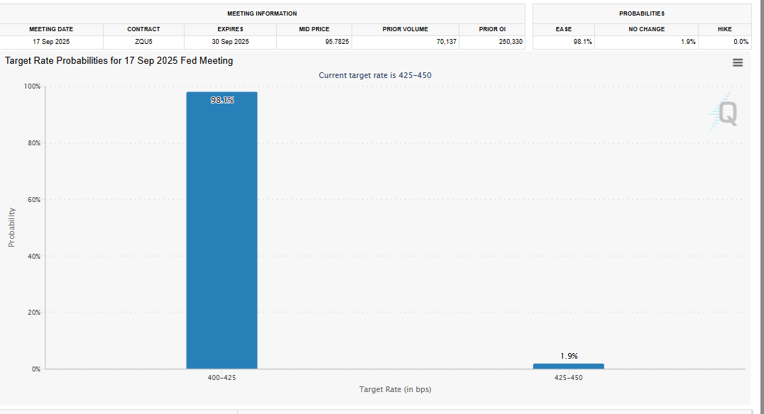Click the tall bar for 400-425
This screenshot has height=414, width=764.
(222, 234)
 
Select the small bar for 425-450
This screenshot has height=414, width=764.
(568, 366)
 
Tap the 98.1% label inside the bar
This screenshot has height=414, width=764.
(222, 100)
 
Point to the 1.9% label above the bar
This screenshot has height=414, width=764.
(569, 356)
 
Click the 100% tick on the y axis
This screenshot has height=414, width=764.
(32, 86)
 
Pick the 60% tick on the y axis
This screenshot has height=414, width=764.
(33, 200)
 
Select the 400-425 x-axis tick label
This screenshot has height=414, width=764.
(222, 378)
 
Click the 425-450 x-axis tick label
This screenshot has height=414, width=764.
(568, 378)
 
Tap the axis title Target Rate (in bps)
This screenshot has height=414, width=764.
(395, 389)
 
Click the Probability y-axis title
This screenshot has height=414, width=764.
(11, 227)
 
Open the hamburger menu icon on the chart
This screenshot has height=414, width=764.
(738, 62)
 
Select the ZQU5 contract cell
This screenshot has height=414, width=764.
(143, 42)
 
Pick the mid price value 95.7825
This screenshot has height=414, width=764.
(332, 42)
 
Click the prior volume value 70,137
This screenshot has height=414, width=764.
(446, 42)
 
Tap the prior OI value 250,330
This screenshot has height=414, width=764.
(511, 42)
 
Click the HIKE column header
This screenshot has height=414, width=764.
(724, 29)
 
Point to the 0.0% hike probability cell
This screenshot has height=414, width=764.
(741, 42)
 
